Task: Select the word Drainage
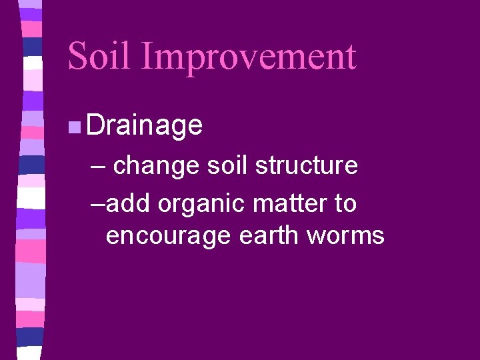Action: [x=144, y=125]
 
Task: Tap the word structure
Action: [x=306, y=166]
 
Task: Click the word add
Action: [x=129, y=204]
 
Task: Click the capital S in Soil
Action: [x=78, y=56]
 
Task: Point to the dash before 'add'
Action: [x=97, y=204]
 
